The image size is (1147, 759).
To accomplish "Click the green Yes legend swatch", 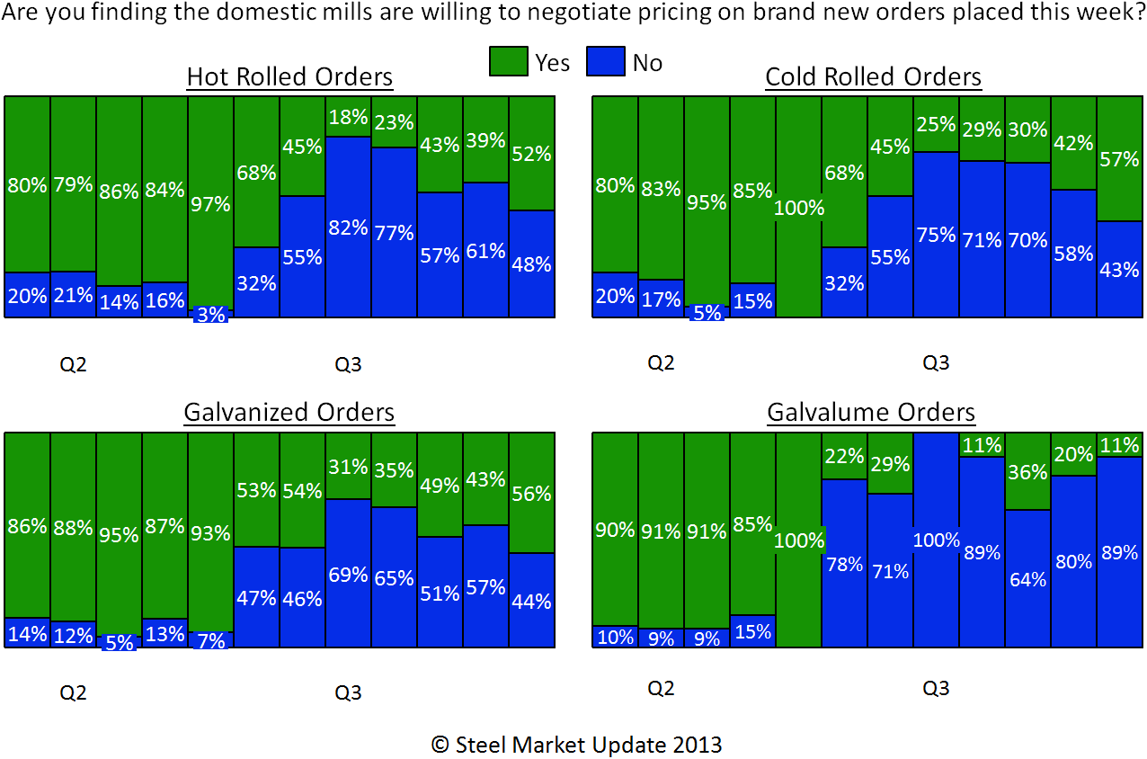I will [509, 62].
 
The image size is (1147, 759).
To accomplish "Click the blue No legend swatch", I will [605, 62].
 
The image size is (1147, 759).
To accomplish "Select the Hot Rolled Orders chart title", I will [289, 77].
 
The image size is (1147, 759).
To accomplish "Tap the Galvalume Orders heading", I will [871, 413].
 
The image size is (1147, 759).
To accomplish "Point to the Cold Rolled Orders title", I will [873, 77].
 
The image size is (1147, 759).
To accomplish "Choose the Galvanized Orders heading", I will [289, 413].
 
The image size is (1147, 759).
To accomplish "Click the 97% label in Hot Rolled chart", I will [210, 204].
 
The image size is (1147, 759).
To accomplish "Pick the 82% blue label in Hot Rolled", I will [348, 228].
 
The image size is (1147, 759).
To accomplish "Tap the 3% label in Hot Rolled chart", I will [210, 315].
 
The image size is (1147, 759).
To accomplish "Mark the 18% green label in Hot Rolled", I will [348, 117].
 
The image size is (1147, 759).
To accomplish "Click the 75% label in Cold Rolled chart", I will [936, 235].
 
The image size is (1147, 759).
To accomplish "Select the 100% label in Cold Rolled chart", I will [798, 208].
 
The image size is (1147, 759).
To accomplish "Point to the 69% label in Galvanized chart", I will [348, 574].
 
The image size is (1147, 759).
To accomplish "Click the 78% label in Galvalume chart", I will [844, 565].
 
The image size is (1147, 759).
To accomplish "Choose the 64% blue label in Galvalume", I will [1027, 579].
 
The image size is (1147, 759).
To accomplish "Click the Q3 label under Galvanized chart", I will [348, 693].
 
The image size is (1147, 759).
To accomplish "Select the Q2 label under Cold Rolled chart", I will [661, 363].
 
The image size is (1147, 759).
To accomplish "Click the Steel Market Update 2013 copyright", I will [576, 745].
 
